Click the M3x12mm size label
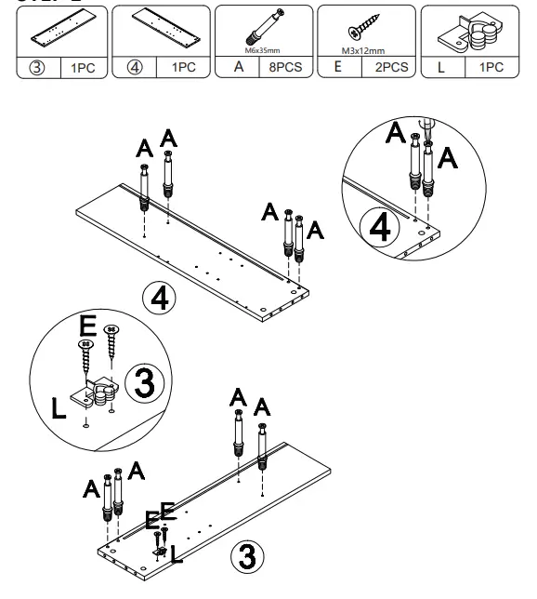pyautogui.click(x=363, y=52)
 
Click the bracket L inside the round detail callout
pyautogui.click(x=99, y=395)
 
